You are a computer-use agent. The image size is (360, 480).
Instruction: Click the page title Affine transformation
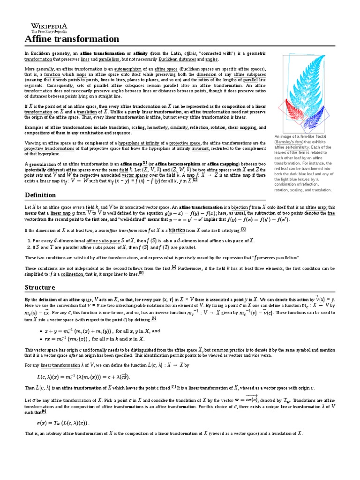[72, 39]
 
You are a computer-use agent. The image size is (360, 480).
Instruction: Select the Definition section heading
[40, 195]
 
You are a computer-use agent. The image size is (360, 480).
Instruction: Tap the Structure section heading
[39, 287]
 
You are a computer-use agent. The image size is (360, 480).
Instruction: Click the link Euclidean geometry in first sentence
[49, 54]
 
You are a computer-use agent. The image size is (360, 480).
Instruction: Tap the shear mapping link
[241, 127]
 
